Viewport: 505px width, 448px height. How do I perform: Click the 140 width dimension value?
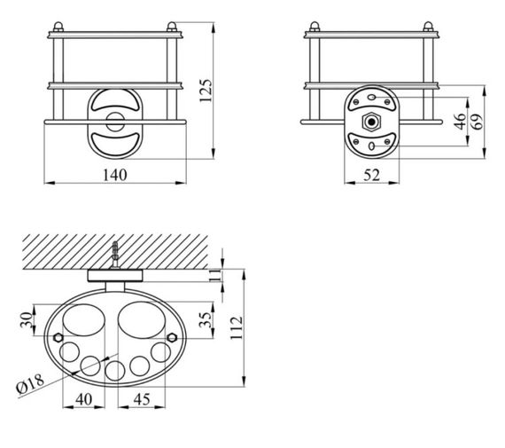click(x=114, y=175)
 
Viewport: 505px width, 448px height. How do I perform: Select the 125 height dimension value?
click(x=206, y=90)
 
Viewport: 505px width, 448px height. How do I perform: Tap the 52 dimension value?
click(x=372, y=175)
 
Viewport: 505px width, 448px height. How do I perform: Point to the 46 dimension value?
click(x=461, y=122)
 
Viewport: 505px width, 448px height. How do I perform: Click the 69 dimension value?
click(x=478, y=122)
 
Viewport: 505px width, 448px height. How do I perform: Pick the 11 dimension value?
click(x=215, y=275)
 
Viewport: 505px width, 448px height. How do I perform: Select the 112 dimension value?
click(x=237, y=328)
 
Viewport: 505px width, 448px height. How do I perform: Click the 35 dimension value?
click(x=206, y=320)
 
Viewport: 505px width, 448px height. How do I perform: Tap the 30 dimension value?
click(x=27, y=320)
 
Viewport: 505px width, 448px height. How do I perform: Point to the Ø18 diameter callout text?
click(x=30, y=383)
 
